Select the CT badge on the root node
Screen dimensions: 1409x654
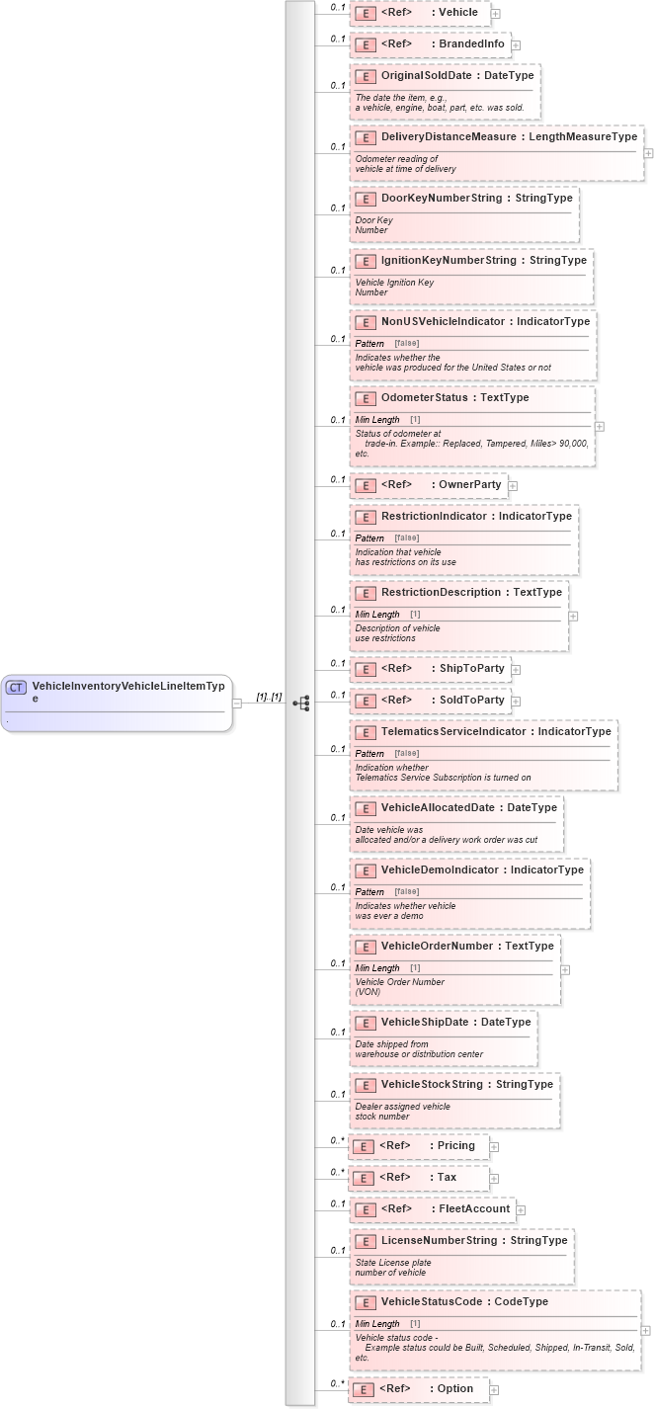click(x=17, y=687)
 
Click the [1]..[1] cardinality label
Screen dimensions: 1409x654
click(x=269, y=697)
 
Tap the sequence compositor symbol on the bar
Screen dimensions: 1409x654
click(x=301, y=703)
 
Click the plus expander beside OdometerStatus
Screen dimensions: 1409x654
click(x=600, y=427)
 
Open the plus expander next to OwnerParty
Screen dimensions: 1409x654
click(x=513, y=486)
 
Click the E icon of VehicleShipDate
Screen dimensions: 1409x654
click(x=365, y=1023)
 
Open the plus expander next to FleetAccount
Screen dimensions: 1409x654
click(x=521, y=1209)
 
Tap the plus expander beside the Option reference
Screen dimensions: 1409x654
click(x=494, y=1389)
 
